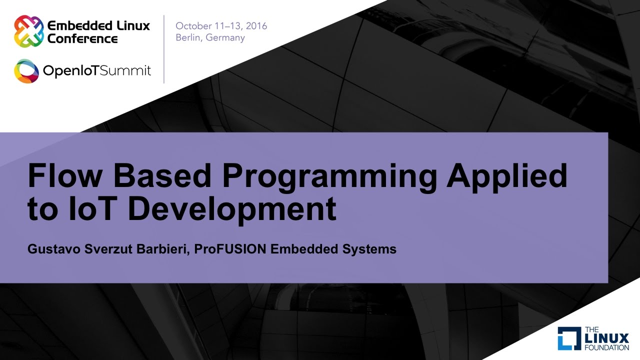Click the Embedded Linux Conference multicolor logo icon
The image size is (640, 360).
28,31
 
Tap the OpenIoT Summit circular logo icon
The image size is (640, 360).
26,71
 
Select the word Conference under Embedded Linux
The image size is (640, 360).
82,38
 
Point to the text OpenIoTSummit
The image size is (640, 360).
97,71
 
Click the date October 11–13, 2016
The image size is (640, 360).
221,26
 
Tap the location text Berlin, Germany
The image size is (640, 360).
210,38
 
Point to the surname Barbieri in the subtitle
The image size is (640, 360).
166,249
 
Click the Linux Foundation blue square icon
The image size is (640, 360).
569,338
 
